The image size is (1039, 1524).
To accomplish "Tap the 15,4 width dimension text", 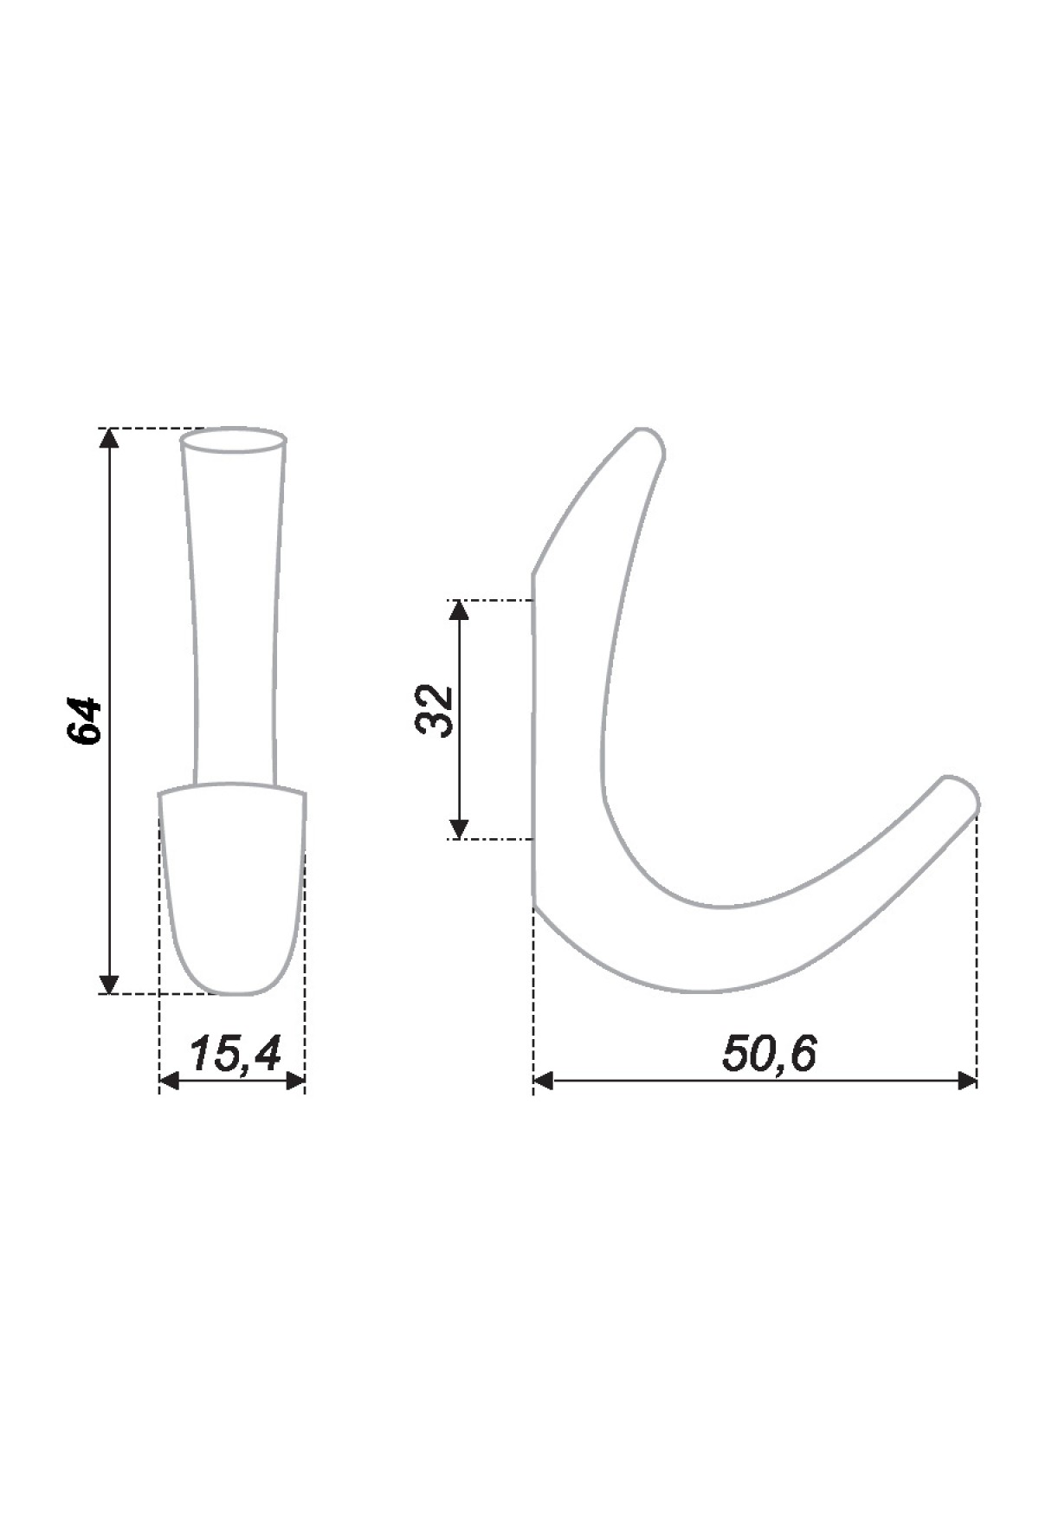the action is point(235,1054).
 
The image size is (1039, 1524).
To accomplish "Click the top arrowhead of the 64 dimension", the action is point(108,439).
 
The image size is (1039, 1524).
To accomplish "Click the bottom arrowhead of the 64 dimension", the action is point(108,983).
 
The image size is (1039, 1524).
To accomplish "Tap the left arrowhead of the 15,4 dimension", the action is point(170,1081).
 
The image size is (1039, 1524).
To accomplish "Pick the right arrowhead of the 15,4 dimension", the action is point(295,1081).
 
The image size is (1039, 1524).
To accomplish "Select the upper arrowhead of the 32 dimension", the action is point(460,610).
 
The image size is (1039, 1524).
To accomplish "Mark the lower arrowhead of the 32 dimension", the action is point(460,829).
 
